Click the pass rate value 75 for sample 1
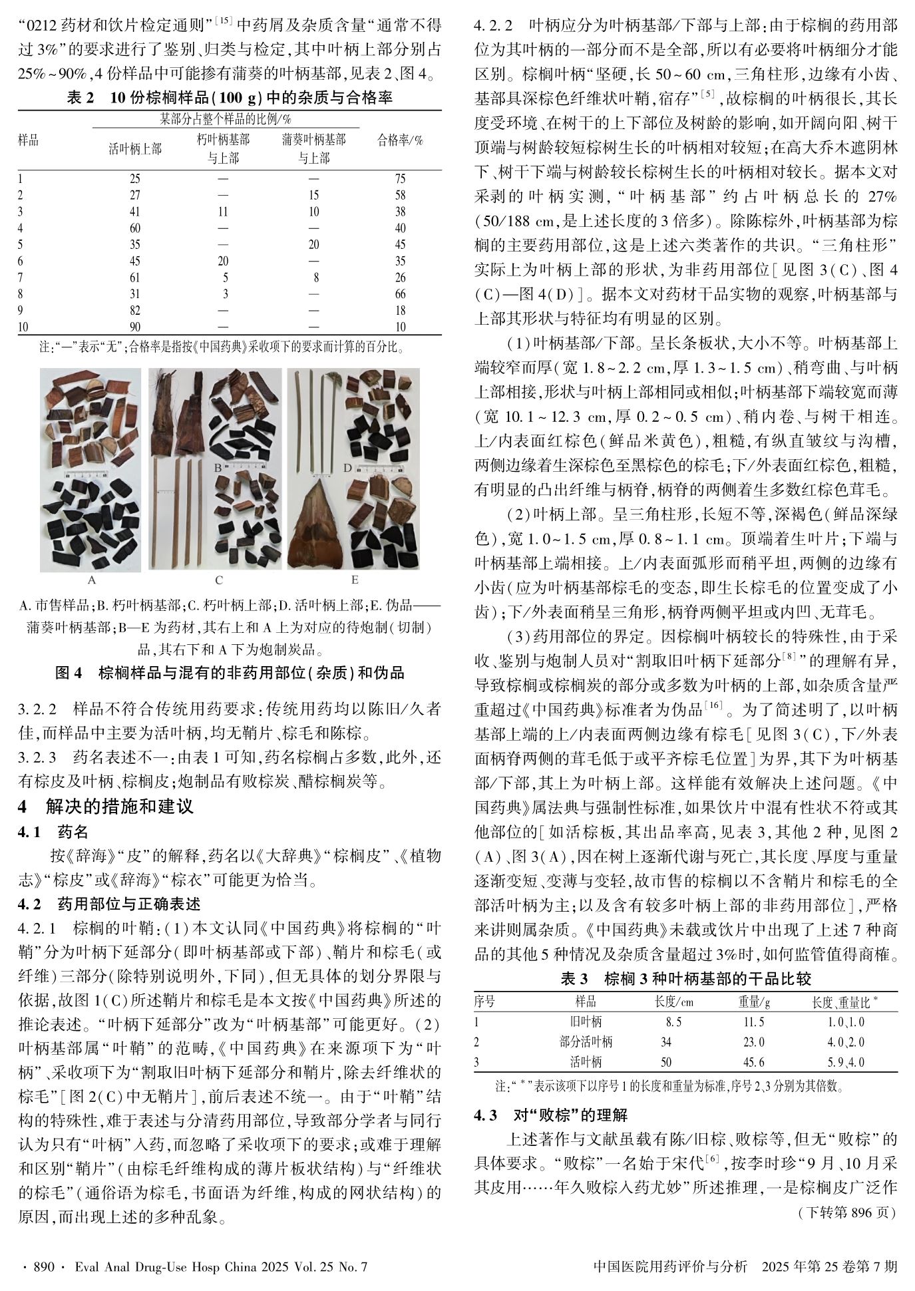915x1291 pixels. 400,178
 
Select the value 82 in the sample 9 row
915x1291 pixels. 134,310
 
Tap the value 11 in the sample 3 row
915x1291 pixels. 223,212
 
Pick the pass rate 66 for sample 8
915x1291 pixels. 400,294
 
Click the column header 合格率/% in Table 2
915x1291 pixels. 400,140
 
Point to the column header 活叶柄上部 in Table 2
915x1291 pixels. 134,149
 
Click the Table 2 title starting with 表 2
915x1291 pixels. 230,98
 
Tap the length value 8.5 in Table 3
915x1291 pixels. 673,1021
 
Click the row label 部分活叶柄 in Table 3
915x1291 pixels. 586,1041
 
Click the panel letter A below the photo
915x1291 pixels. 92,580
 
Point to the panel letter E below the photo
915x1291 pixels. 354,580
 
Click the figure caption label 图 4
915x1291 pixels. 68,673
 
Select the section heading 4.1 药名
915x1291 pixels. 53,832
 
